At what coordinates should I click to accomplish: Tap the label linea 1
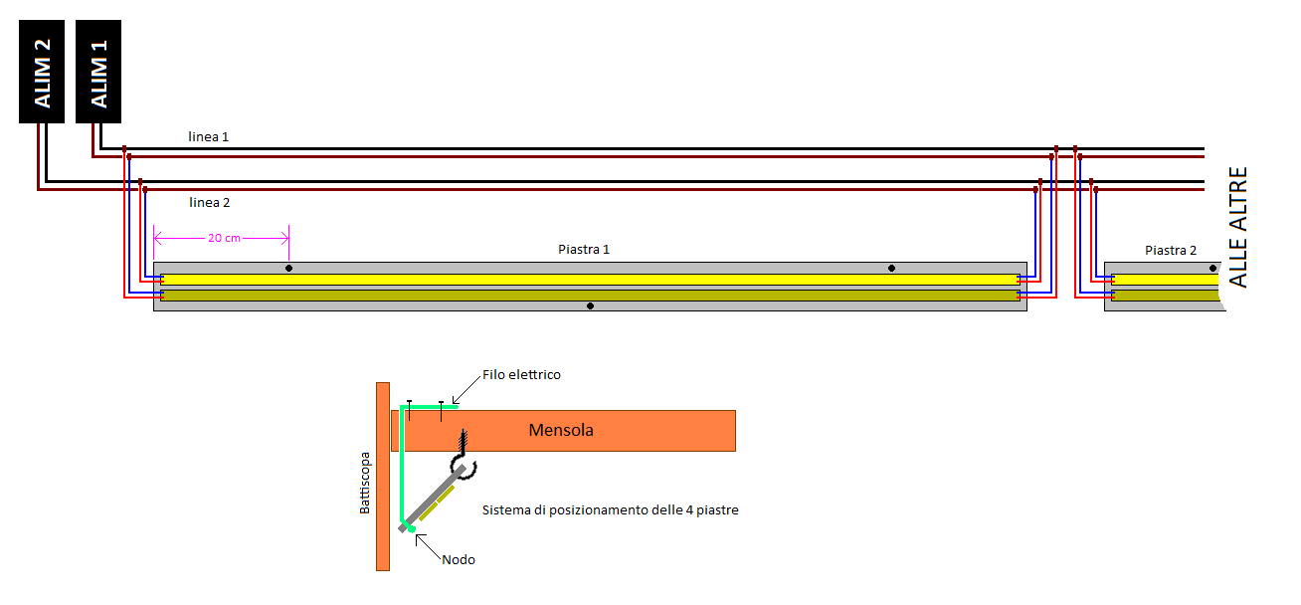tap(209, 136)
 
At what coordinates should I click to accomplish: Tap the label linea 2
tap(209, 202)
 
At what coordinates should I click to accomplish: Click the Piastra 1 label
tap(584, 249)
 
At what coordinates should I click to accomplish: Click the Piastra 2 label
tap(1171, 250)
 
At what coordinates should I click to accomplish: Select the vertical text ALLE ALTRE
tap(1237, 228)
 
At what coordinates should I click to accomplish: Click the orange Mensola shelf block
tap(563, 430)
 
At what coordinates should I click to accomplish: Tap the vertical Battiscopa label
tap(364, 484)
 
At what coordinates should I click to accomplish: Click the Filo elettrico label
tap(520, 374)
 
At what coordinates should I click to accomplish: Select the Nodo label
tap(459, 559)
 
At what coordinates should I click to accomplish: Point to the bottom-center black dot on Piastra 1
tap(590, 305)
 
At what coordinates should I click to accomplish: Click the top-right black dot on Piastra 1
tap(891, 268)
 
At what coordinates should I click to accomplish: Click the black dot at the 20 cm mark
tap(288, 268)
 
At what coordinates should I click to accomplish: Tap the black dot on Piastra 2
tap(1211, 268)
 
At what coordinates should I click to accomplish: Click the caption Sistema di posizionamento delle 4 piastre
tap(610, 509)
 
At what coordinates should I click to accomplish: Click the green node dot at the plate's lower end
tap(410, 527)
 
